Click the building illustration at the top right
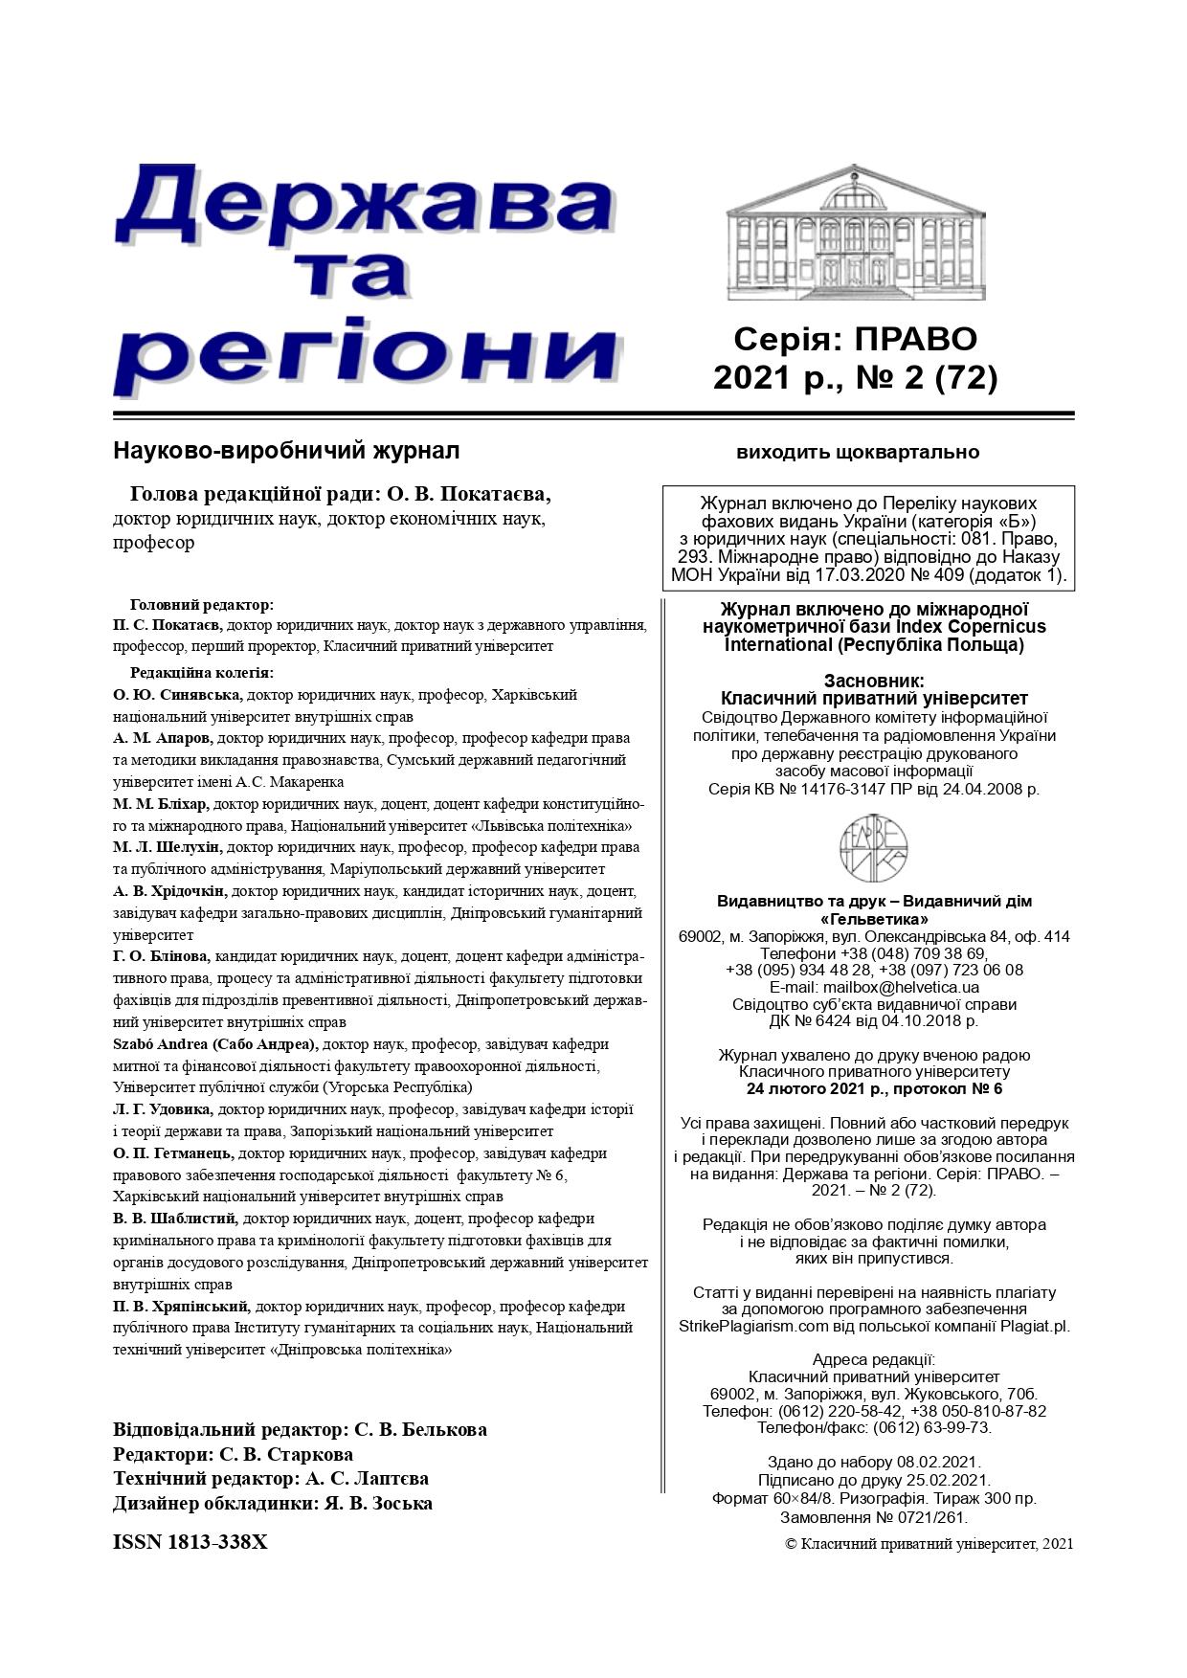coord(856,234)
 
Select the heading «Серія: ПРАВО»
coord(856,339)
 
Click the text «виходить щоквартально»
coord(858,452)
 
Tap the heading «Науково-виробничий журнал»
coord(286,450)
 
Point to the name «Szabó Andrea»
coord(159,1043)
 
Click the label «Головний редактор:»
coord(202,605)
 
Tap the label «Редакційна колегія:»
coord(202,672)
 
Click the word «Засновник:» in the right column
coord(874,681)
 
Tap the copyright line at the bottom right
coord(929,1543)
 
